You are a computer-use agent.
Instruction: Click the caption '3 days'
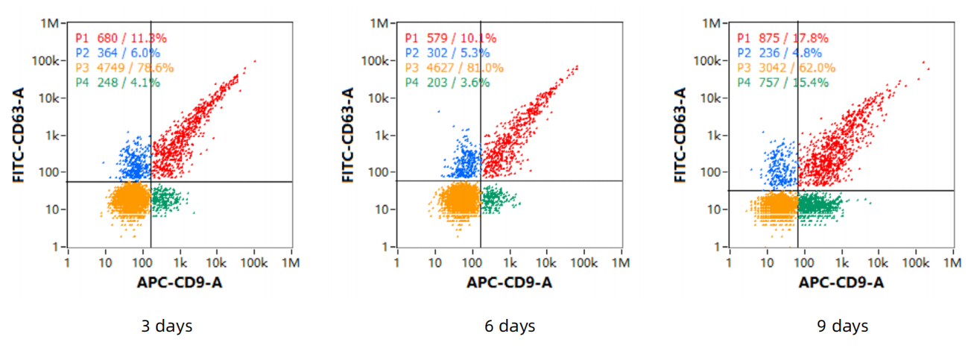(x=167, y=326)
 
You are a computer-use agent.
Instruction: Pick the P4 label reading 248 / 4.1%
(x=117, y=83)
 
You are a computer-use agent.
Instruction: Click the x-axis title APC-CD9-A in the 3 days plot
(x=180, y=282)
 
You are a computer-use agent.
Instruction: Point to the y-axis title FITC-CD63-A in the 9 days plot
(x=680, y=135)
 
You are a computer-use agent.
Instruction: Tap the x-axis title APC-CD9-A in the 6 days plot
(x=510, y=282)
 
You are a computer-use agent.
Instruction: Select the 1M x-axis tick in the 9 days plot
(x=952, y=263)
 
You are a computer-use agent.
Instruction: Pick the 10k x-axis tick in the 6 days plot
(x=546, y=263)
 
